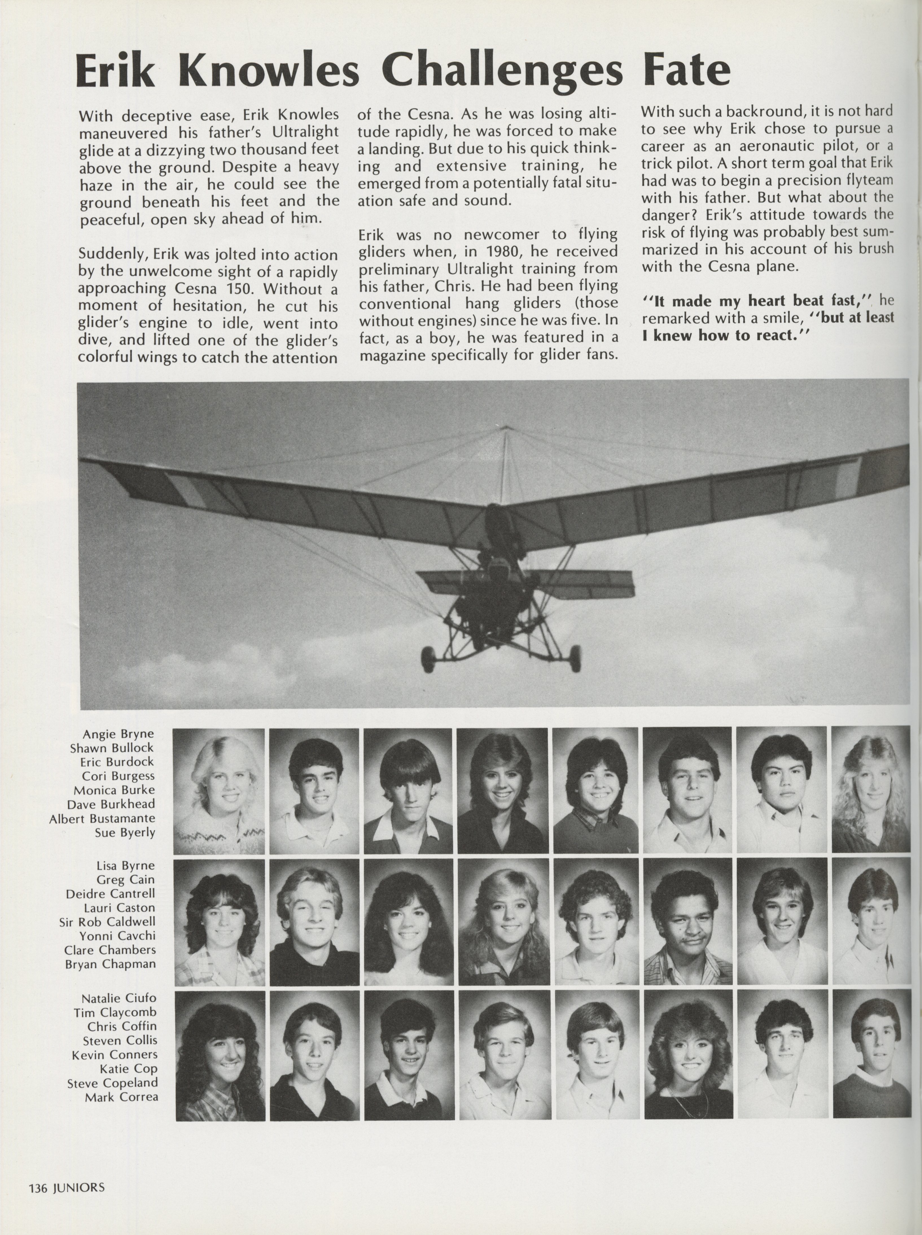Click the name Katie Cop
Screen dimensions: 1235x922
point(128,1069)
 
